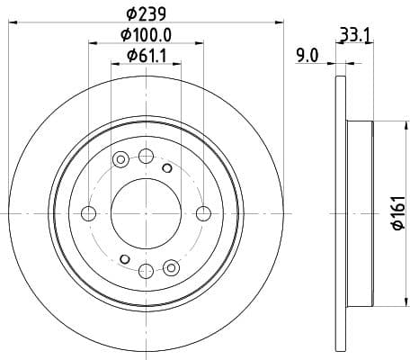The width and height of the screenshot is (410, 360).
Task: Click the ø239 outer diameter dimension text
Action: point(146,13)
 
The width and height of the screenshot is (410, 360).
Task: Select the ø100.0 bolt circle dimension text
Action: point(146,35)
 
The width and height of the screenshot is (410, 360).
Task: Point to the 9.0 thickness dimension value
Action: point(307,56)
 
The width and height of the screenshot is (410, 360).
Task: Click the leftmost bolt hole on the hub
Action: point(89,213)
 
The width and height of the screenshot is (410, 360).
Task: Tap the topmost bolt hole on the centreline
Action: point(146,157)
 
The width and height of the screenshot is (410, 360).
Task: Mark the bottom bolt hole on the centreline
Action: point(146,270)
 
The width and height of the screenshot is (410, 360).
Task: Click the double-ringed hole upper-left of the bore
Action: point(120,160)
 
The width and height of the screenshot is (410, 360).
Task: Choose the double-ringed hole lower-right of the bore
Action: point(172,266)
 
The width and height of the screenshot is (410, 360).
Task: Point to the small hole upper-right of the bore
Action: point(166,166)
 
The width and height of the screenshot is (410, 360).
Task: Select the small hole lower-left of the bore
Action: point(125,260)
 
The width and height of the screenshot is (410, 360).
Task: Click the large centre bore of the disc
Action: point(146,213)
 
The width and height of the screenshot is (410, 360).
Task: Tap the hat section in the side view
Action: point(359,213)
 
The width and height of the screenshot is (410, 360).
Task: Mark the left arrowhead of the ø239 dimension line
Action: point(13,22)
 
